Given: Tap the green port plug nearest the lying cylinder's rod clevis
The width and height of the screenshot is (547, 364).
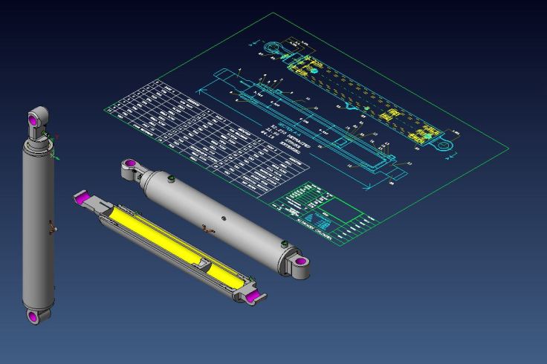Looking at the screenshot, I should point(170,178).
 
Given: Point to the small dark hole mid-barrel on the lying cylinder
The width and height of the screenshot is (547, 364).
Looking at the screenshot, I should point(224,218).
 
